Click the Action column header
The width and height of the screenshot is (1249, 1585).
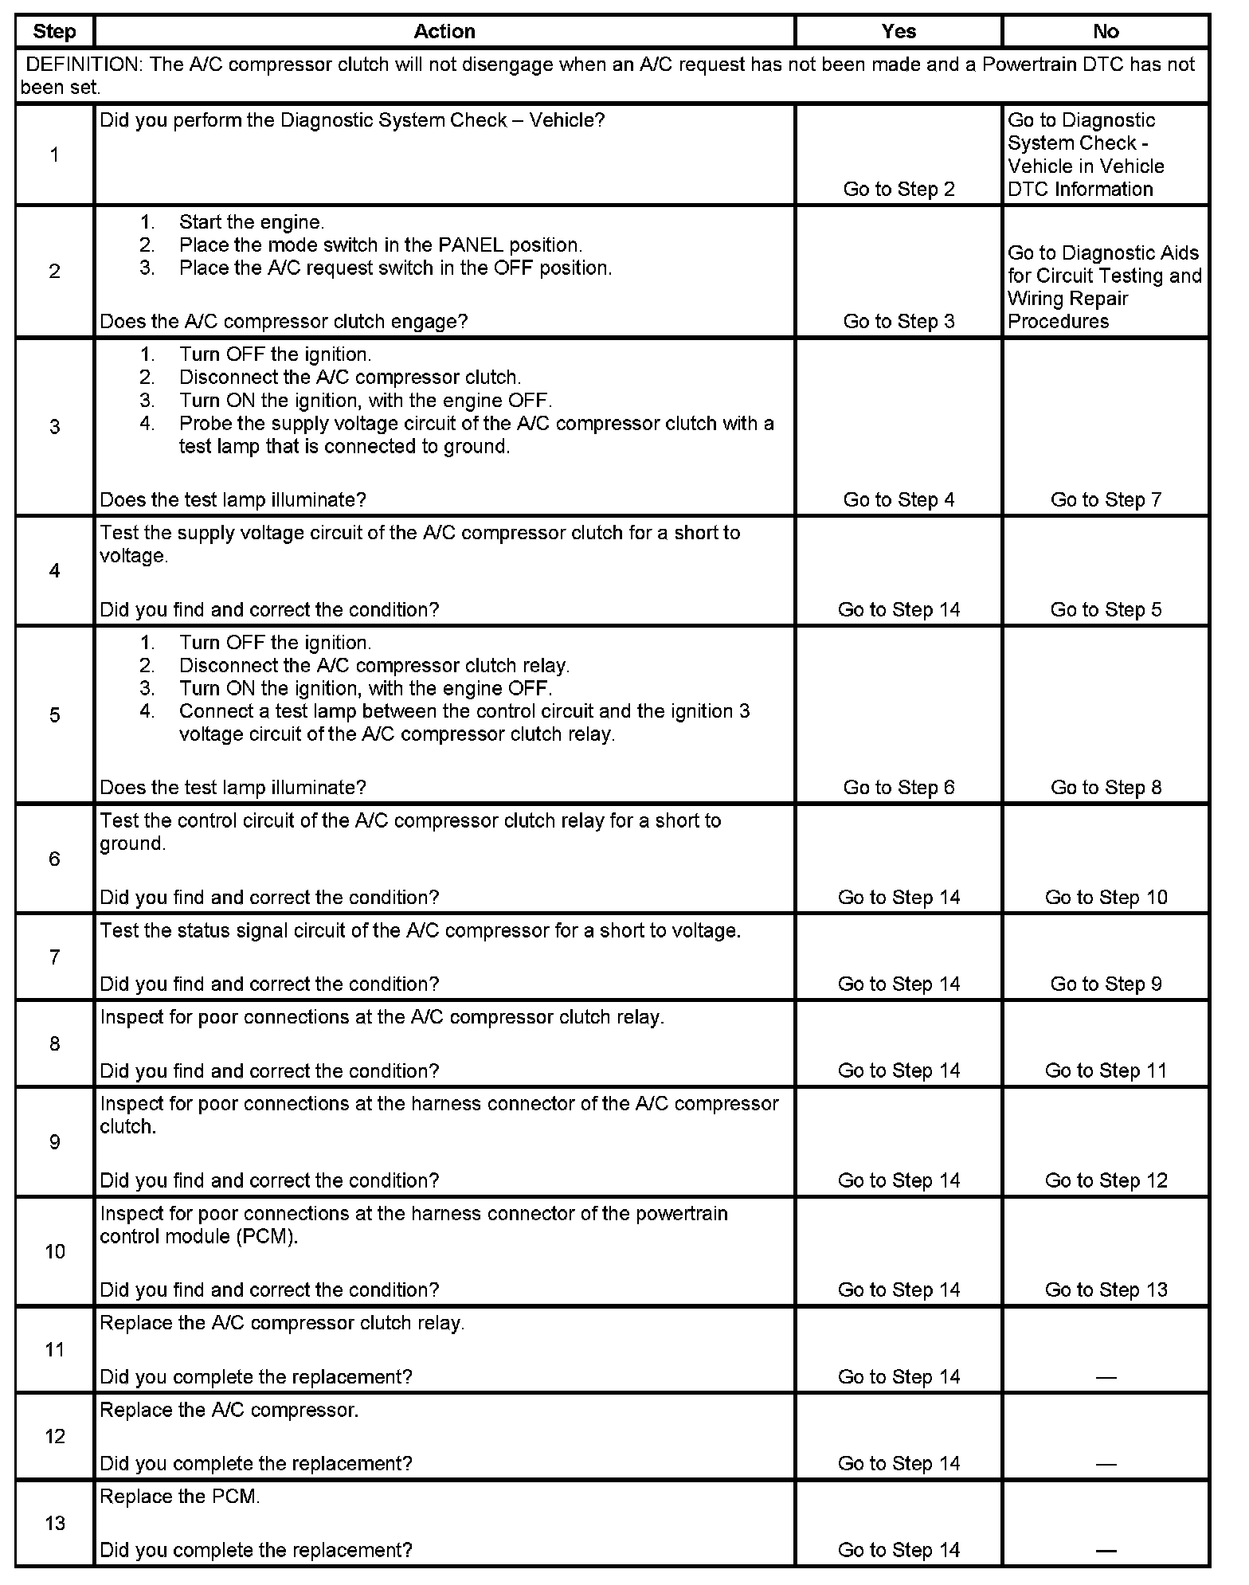click(444, 32)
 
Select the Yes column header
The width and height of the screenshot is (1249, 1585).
click(899, 32)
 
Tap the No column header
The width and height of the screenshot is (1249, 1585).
click(1106, 32)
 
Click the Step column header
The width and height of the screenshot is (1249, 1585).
click(54, 32)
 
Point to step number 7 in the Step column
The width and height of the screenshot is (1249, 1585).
click(54, 957)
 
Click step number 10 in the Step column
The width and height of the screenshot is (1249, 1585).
click(54, 1251)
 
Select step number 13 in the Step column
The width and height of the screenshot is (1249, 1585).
click(54, 1523)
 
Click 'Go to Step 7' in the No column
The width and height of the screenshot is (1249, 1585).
click(1106, 499)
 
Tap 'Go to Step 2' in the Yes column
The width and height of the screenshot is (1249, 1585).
click(899, 189)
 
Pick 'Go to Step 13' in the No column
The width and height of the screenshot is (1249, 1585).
click(1106, 1290)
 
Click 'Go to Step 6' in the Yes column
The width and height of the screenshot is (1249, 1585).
click(899, 787)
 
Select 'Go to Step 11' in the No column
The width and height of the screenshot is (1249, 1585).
click(1106, 1070)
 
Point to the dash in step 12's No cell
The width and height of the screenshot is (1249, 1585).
click(1106, 1464)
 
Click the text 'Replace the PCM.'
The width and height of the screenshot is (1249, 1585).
click(180, 1497)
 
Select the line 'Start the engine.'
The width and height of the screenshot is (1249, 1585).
click(251, 222)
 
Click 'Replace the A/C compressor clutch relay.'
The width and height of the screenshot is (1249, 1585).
click(282, 1323)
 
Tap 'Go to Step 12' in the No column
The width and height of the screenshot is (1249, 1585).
click(1106, 1180)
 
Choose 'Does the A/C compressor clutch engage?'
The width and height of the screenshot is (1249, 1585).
click(284, 321)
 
